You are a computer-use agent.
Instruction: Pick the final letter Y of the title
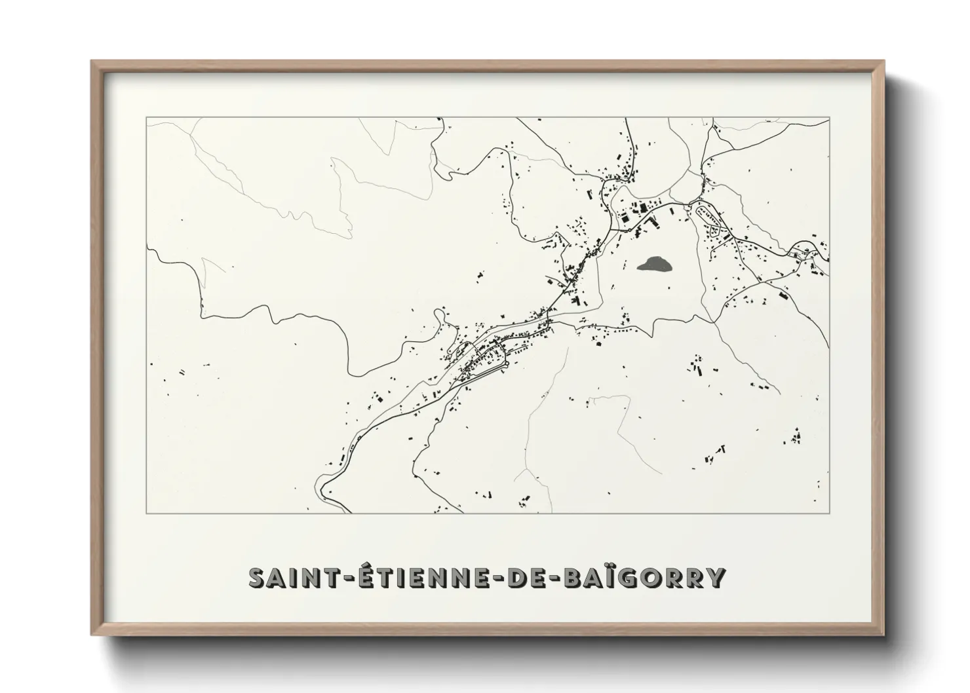coord(716,577)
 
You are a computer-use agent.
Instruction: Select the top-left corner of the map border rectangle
coord(146,117)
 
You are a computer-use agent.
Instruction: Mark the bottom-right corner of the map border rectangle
coord(830,514)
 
